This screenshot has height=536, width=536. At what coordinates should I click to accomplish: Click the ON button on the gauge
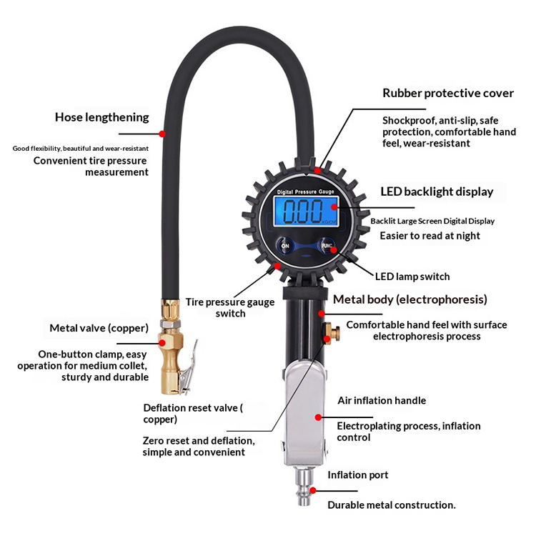point(285,246)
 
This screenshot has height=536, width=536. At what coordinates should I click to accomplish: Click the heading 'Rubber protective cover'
point(448,94)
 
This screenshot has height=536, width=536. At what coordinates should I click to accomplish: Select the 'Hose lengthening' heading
point(102,117)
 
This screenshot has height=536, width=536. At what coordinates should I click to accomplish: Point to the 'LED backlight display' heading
point(437,192)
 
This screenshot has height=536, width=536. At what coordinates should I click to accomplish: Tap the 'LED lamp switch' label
point(412,276)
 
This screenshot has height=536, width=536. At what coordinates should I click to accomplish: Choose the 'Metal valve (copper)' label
point(99,328)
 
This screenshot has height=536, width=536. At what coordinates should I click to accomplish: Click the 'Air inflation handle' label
point(381,400)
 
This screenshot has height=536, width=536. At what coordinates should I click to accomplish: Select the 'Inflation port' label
point(358,475)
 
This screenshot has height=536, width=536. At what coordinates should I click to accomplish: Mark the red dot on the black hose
point(163,133)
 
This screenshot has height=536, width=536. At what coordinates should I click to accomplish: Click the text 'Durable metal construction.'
point(392,505)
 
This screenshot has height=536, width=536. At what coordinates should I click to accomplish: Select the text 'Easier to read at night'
point(430,236)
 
